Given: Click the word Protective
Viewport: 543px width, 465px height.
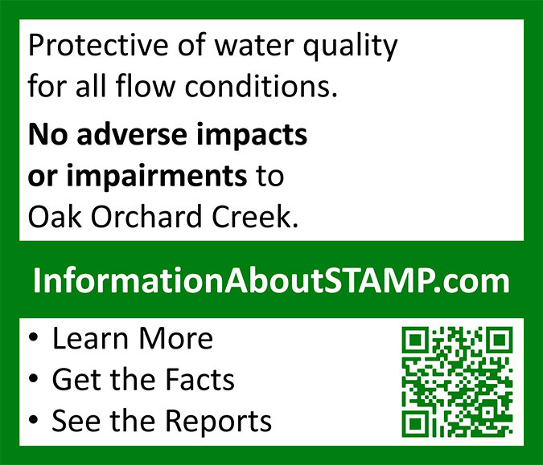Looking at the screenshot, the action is [x=98, y=45].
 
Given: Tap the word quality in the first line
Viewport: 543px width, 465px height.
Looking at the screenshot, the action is [x=350, y=47].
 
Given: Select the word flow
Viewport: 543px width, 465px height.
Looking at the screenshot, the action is [x=146, y=85].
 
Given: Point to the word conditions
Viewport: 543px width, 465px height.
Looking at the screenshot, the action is [x=261, y=86].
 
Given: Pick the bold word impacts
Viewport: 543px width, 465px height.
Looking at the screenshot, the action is [x=252, y=136].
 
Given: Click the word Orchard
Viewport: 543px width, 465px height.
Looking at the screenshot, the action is [x=146, y=216].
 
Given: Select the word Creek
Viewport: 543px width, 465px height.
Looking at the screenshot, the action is [x=255, y=216].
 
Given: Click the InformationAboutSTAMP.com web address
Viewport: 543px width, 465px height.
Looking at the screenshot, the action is [x=271, y=280].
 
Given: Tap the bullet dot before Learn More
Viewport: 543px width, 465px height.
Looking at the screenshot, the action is [x=33, y=337].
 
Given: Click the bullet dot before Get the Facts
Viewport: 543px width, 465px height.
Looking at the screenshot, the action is [x=33, y=378].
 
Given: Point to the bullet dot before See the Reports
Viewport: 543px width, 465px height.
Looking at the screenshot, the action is [x=33, y=419].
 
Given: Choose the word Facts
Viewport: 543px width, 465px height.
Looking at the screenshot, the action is [x=200, y=379].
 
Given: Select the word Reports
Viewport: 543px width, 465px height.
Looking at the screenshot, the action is [x=218, y=422].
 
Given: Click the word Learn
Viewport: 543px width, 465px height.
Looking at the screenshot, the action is [x=90, y=338].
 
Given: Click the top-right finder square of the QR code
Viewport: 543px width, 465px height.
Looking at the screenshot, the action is [x=500, y=341].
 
